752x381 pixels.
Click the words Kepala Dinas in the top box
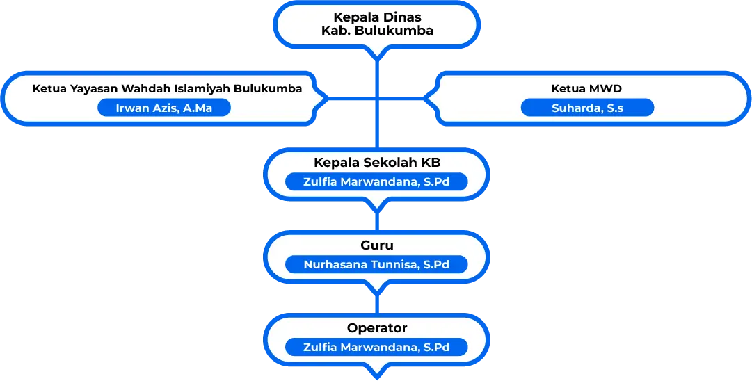click(x=377, y=17)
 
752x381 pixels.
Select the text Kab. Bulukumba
click(x=377, y=31)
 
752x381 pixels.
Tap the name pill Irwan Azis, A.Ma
click(x=164, y=108)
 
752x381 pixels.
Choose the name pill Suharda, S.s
click(x=587, y=108)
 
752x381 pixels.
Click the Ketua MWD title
click(x=586, y=89)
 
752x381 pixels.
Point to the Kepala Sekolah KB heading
click(x=377, y=163)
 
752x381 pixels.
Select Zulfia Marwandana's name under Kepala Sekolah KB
click(x=376, y=182)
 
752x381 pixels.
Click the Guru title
click(x=377, y=245)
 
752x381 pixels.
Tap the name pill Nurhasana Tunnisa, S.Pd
click(x=376, y=265)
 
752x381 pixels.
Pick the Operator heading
click(x=377, y=327)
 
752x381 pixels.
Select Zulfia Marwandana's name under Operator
click(x=376, y=347)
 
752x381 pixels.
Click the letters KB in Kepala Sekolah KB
click(x=431, y=163)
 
